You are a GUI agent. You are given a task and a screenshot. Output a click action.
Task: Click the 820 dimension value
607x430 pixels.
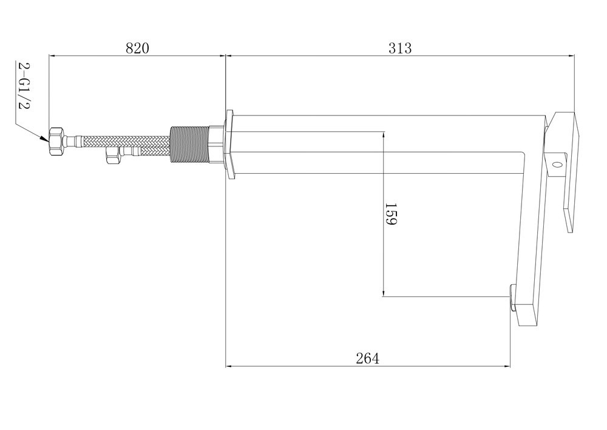coord(137,49)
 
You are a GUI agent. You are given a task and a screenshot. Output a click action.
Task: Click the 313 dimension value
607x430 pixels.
coord(400,49)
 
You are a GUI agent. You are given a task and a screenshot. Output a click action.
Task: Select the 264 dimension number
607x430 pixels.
coord(367,358)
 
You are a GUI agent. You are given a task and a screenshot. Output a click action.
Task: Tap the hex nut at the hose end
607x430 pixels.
coord(56,142)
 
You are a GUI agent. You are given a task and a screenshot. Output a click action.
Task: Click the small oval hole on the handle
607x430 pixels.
coord(557,165)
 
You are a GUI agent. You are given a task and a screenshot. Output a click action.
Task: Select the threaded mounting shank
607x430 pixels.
coord(189,143)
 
